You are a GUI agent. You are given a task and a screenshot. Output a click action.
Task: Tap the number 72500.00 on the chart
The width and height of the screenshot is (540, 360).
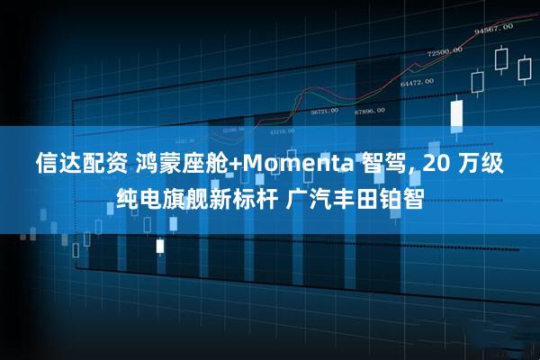point(445,51)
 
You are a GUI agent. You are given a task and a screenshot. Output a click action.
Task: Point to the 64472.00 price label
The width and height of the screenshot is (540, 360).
point(418,82)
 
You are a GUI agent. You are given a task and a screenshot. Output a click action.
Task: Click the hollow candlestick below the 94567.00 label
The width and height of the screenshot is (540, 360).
point(501,59)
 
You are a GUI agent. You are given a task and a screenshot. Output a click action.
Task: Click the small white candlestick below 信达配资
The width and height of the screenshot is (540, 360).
point(160,245)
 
